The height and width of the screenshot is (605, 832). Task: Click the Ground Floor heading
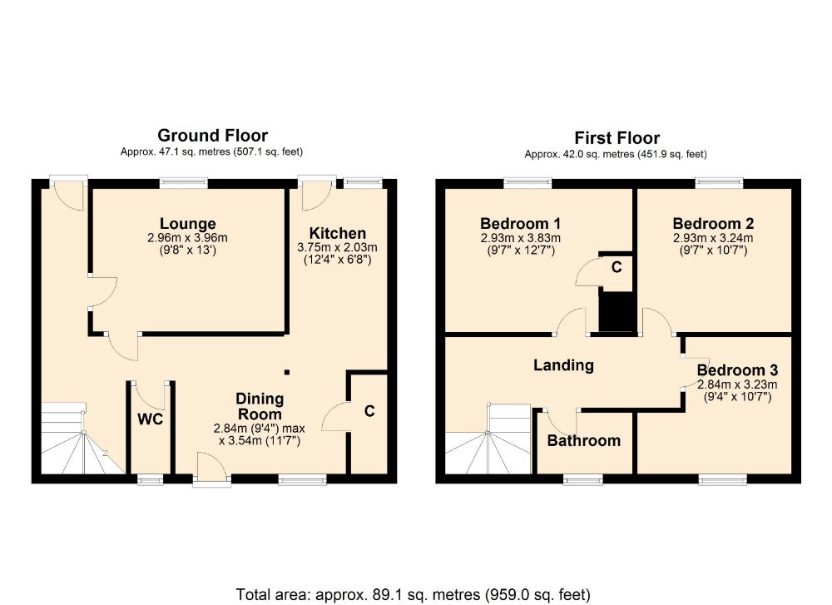click(x=213, y=136)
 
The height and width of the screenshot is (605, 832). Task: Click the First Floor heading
click(x=617, y=138)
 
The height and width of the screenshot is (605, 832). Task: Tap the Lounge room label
click(x=188, y=224)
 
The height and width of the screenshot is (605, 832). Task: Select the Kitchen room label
click(x=337, y=233)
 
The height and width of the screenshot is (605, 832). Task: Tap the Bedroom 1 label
click(x=520, y=224)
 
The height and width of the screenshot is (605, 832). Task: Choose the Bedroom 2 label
click(x=713, y=224)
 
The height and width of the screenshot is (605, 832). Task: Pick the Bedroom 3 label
click(x=737, y=370)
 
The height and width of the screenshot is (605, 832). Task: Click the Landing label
click(x=563, y=365)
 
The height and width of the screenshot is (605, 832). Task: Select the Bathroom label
click(x=583, y=441)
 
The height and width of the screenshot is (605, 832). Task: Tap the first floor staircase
click(x=491, y=441)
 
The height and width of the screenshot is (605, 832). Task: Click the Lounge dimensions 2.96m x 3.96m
click(x=188, y=238)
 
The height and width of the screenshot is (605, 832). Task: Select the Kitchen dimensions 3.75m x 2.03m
click(x=337, y=247)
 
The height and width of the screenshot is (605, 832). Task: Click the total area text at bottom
click(x=414, y=594)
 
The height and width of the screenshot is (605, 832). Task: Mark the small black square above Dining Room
click(x=287, y=373)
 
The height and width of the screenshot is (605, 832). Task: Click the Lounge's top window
click(x=184, y=181)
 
